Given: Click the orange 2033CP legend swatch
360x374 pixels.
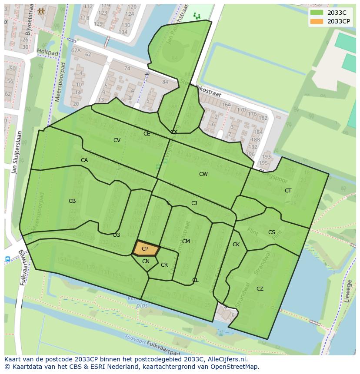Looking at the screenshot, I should pos(317,21).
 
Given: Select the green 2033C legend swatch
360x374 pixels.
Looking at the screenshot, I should pos(317,13).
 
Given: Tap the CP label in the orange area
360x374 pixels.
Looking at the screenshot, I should pos(145,249).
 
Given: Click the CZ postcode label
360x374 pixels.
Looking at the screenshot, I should pos(260,289).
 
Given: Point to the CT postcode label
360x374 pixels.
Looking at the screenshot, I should pos(288,191).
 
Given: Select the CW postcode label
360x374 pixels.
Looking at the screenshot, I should pos(203,174).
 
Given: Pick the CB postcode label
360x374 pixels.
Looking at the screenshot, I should pos(72,201).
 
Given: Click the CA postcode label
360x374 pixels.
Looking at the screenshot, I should pos(84,160).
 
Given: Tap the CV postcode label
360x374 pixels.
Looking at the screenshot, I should pos(117,140).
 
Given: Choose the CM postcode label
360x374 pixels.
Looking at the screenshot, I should pos(186,242).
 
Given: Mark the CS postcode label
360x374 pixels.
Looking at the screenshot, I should pos(271,232).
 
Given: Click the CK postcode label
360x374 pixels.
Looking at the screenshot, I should pos(236,245).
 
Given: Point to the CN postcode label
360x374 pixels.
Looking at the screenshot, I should pos(146,261).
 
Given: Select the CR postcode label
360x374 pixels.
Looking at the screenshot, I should pos(164,265).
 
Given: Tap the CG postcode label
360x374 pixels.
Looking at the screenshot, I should pos(116,235).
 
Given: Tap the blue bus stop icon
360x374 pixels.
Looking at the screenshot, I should pos(7,259).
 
